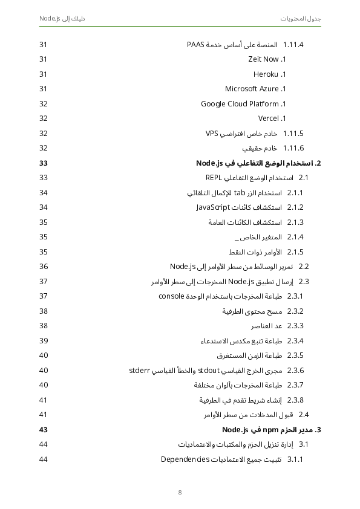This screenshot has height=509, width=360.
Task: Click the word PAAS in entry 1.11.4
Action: (x=196, y=45)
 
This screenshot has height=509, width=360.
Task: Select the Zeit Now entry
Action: (x=264, y=59)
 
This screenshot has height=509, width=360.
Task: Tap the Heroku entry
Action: (x=266, y=74)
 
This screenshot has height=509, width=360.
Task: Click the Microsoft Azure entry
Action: (x=252, y=89)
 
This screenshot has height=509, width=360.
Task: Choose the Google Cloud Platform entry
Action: (x=240, y=104)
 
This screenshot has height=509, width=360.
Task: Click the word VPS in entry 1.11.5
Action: (x=212, y=134)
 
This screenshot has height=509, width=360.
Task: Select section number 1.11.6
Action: (x=293, y=148)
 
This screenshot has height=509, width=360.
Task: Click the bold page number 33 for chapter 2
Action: (x=44, y=163)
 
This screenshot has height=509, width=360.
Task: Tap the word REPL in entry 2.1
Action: (x=215, y=178)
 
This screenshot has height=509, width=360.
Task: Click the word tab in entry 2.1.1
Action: (x=240, y=193)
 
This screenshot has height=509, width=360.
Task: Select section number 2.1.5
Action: (x=295, y=252)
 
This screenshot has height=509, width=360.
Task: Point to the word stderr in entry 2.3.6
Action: (x=140, y=370)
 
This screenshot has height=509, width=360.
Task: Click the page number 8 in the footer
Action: (x=180, y=492)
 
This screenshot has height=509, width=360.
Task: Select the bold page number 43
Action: (x=44, y=430)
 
